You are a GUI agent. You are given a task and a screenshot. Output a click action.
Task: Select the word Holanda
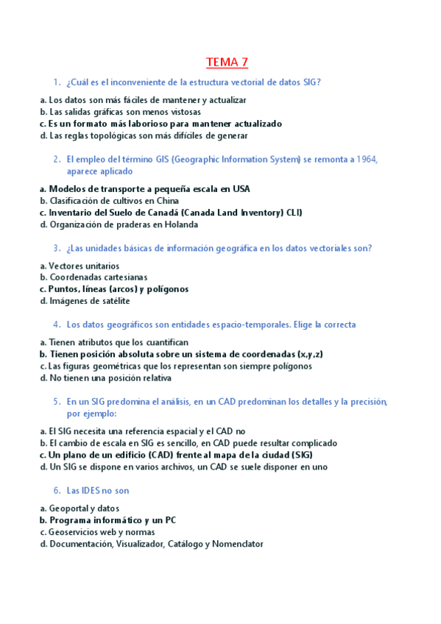click(181, 224)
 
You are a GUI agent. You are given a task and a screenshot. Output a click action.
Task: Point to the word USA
click(241, 188)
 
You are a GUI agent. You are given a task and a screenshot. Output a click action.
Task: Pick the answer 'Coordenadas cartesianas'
click(98, 277)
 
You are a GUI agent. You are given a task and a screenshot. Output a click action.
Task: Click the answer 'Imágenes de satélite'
click(89, 301)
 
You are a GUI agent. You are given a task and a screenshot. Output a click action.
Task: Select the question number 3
click(56, 248)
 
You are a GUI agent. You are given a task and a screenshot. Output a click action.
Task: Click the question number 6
click(56, 490)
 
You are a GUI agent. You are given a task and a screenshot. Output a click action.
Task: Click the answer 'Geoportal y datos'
click(84, 508)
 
